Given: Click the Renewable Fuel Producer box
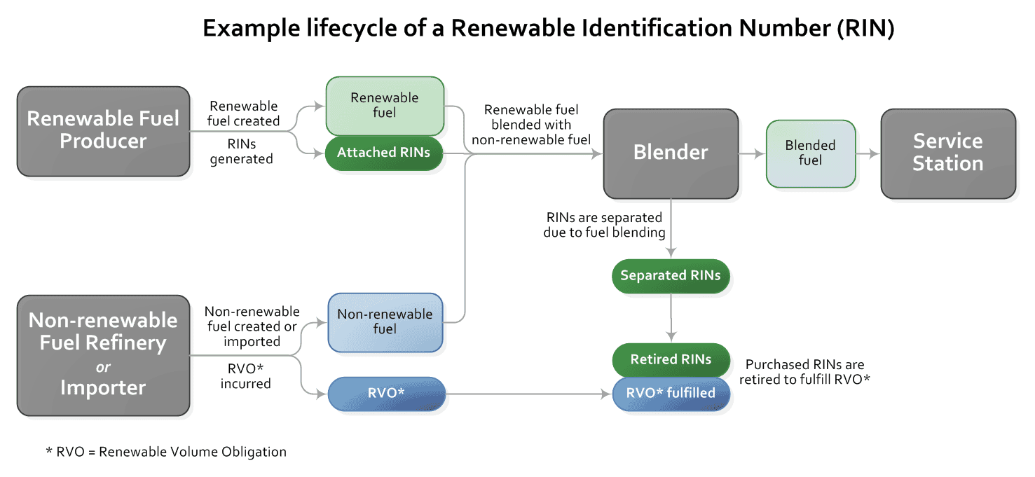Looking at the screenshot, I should [103, 130].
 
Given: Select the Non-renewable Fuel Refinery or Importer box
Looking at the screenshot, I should [103, 354].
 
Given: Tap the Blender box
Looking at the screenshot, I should [671, 153].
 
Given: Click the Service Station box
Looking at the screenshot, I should [947, 153].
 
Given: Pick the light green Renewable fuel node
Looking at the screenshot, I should [385, 106].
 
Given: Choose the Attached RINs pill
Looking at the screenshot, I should [383, 153].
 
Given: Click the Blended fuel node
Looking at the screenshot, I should [810, 153].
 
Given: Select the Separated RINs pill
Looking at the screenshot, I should [671, 276].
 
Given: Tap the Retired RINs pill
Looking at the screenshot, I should [671, 360].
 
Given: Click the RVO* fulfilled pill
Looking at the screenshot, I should [671, 394].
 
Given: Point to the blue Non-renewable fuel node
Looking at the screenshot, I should [385, 322].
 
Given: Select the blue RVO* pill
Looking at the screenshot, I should [386, 394].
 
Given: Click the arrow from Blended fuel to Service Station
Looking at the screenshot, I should [868, 153].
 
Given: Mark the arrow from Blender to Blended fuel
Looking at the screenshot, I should [752, 153].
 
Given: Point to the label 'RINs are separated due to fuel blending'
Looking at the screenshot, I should [604, 225].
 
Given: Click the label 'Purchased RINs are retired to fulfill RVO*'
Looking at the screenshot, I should [804, 372].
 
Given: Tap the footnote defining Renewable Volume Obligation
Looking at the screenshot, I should [166, 452].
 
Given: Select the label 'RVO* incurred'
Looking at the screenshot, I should [245, 376].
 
